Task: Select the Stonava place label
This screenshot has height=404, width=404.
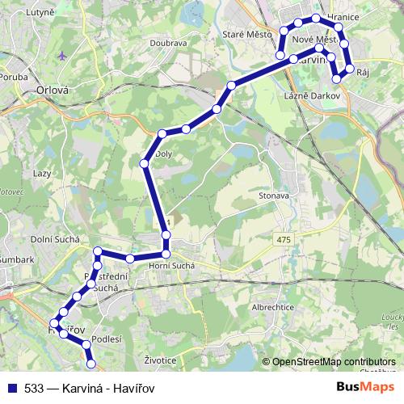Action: [x=274, y=195]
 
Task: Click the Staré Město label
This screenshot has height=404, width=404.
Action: [x=247, y=34]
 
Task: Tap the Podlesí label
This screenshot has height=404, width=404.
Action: [x=106, y=340]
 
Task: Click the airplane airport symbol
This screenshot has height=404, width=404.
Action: [x=65, y=57]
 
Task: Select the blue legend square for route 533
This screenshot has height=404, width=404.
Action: [x=12, y=388]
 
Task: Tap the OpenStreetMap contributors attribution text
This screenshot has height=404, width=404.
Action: [x=334, y=362]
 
